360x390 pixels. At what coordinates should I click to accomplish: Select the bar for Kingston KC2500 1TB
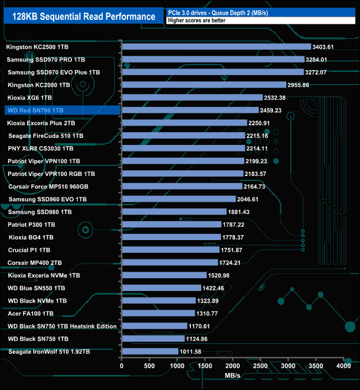[217, 47]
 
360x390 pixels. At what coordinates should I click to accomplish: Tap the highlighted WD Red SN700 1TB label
[35, 111]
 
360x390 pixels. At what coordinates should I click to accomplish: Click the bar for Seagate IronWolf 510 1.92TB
[150, 351]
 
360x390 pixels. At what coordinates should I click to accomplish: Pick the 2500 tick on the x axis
[260, 366]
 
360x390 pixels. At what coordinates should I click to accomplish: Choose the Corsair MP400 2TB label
[34, 263]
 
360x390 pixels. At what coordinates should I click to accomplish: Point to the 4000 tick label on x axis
[343, 366]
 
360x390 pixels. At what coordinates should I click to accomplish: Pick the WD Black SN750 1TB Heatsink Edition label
[62, 326]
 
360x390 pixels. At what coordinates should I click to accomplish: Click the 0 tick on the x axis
[122, 366]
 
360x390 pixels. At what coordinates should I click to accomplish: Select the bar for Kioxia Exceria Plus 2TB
[184, 123]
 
